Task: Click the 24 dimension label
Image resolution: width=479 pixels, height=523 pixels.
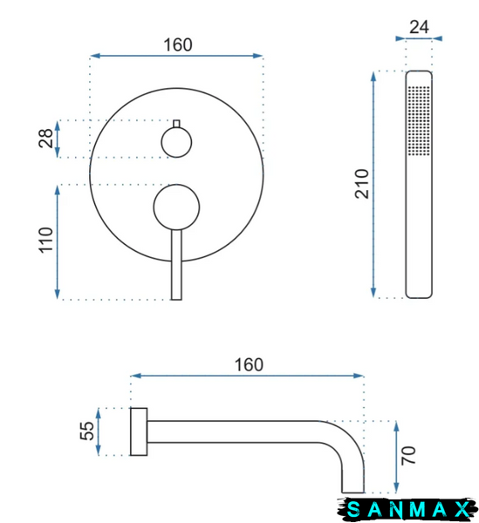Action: (x=419, y=27)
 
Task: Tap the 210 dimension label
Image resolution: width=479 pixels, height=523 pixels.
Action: (x=362, y=184)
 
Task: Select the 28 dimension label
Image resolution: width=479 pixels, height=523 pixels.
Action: (x=46, y=138)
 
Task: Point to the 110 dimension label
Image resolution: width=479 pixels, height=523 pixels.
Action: (x=46, y=241)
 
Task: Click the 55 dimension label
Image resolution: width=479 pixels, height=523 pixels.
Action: (x=87, y=431)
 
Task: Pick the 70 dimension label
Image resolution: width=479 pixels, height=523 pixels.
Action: (x=408, y=455)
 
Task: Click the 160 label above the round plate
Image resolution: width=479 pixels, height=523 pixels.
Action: (x=178, y=45)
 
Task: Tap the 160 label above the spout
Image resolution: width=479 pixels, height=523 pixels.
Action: (x=249, y=365)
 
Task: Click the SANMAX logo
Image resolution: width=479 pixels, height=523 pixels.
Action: (x=407, y=509)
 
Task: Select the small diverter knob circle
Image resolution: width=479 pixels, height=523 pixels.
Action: (x=176, y=142)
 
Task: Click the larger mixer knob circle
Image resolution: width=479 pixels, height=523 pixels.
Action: (x=176, y=207)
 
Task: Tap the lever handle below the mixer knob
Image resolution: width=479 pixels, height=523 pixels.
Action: (x=176, y=265)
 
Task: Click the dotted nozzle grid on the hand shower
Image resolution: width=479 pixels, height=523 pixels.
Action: (x=419, y=121)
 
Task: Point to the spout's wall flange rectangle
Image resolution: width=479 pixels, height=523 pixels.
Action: (x=139, y=431)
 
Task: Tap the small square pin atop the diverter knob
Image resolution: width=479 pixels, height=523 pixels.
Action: (x=176, y=124)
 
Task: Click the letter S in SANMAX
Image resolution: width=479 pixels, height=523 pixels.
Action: (x=353, y=509)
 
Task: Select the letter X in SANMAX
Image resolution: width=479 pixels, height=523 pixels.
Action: (x=463, y=509)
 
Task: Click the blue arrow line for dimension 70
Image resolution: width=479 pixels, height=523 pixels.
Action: (x=396, y=457)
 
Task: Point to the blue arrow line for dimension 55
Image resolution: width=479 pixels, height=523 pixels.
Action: (x=98, y=431)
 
